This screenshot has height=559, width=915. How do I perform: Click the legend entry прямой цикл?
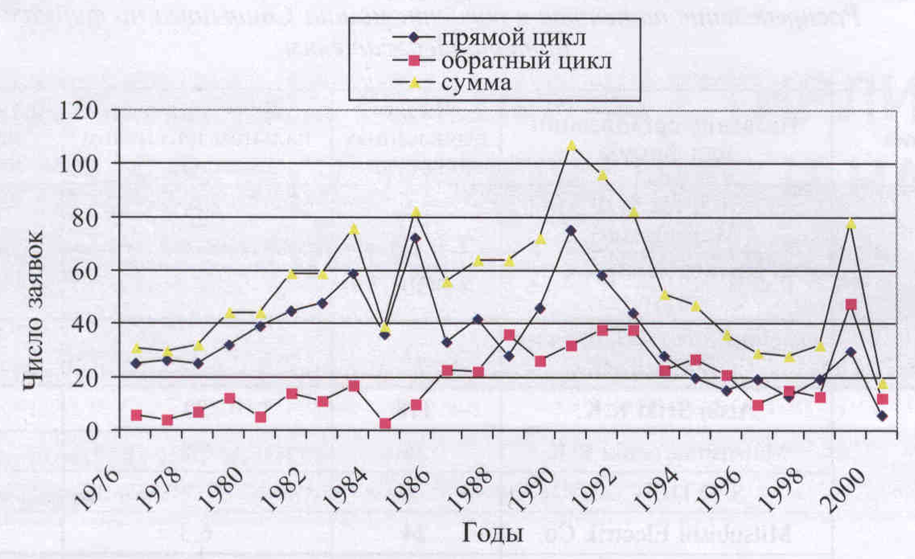point(513,38)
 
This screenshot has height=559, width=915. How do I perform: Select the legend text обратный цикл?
point(526,61)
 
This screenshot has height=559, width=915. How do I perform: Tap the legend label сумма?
point(476,83)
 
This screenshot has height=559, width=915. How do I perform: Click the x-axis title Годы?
point(493,533)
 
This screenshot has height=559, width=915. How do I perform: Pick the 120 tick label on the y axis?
point(78,111)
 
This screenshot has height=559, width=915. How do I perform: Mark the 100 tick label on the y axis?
point(78,164)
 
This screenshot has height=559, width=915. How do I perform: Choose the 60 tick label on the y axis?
point(85,272)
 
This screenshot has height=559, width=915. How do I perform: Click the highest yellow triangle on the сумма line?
point(571,145)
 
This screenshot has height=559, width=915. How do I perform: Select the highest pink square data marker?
point(851,305)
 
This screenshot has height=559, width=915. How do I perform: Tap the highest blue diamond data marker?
point(571,230)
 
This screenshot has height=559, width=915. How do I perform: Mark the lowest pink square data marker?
point(385,424)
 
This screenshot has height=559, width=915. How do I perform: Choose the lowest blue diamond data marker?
point(882,416)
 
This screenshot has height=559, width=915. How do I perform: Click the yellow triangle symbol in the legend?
point(414,83)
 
